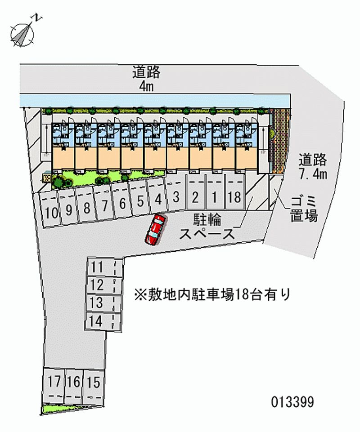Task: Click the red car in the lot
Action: click(155, 229)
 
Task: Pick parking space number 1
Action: click(215, 197)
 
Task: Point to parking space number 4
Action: click(157, 199)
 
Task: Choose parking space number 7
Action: click(104, 206)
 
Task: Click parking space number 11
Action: click(98, 267)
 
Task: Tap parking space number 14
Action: click(97, 321)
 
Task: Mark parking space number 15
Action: click(94, 383)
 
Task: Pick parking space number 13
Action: click(97, 303)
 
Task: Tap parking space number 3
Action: click(176, 197)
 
